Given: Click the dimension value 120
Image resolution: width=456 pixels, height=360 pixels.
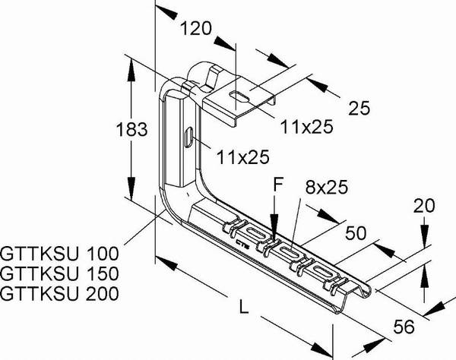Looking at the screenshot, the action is pyautogui.click(x=196, y=28).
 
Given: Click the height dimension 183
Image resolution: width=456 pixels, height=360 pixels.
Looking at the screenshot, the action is pyautogui.click(x=131, y=129).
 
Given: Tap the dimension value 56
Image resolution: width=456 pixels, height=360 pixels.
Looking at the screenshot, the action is pyautogui.click(x=404, y=327).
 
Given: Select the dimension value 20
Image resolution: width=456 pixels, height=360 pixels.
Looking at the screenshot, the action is pyautogui.click(x=424, y=206).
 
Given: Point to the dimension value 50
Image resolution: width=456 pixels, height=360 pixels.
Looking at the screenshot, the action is pyautogui.click(x=356, y=232).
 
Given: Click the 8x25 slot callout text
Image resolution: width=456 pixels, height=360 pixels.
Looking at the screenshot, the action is pyautogui.click(x=327, y=187).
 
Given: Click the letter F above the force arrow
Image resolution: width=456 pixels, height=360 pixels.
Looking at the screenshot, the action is pyautogui.click(x=278, y=185).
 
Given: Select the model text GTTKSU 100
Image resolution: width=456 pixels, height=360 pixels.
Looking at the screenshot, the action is pyautogui.click(x=59, y=254).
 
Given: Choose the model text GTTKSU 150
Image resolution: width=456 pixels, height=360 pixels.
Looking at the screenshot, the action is pyautogui.click(x=59, y=273).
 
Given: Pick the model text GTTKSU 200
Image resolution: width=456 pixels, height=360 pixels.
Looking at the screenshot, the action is pyautogui.click(x=59, y=293).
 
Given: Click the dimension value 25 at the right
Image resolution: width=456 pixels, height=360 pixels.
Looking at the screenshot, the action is pyautogui.click(x=359, y=108).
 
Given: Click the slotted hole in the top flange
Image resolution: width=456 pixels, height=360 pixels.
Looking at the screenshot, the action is pyautogui.click(x=239, y=96).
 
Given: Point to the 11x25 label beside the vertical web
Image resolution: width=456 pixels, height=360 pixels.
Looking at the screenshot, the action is pyautogui.click(x=243, y=157).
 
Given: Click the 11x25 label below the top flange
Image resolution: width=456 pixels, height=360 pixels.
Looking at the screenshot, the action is pyautogui.click(x=306, y=127).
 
